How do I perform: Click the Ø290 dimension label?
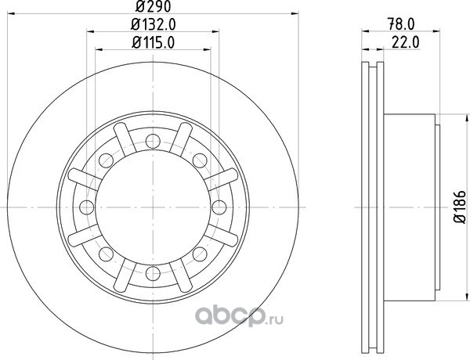tap(153, 6)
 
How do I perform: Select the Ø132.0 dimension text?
tap(153, 24)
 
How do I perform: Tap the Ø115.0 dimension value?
tap(153, 43)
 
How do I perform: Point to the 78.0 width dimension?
tap(401, 24)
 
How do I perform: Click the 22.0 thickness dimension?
tap(405, 43)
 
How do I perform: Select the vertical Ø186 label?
tap(460, 207)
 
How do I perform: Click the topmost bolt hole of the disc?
tap(153, 142)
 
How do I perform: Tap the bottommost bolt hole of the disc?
tap(153, 273)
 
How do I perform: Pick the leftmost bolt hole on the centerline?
tap(87, 207)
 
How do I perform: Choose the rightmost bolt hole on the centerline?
tap(219, 207)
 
